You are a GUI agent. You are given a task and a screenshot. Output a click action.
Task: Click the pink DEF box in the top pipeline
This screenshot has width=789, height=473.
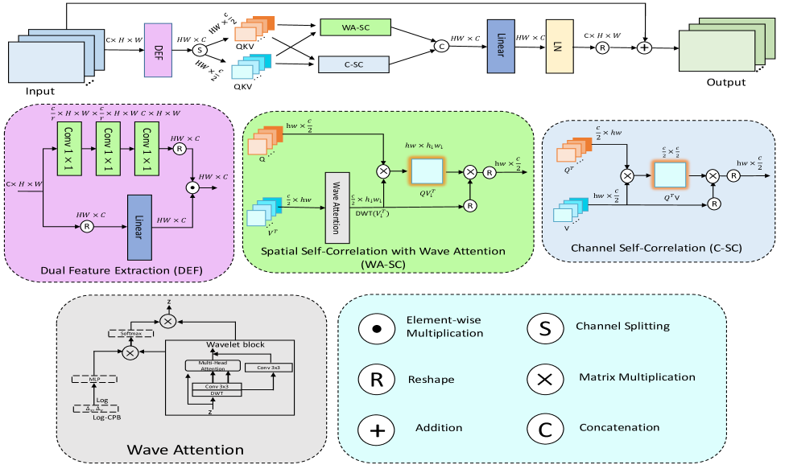pos(159,51)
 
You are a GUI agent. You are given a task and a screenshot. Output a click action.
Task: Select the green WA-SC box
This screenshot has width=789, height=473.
pos(355,27)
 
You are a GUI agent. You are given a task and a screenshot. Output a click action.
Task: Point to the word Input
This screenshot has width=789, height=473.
pos(39,92)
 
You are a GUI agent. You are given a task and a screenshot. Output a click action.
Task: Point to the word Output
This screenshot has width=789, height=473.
pos(725,82)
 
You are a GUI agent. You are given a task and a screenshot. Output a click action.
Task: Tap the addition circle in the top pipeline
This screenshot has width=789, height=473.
pos(644,48)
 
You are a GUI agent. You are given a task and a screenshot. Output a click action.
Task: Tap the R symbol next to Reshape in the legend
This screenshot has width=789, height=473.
pos(379,379)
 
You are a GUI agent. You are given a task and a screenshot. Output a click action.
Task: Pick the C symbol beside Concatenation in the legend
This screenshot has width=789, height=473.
pos(545,429)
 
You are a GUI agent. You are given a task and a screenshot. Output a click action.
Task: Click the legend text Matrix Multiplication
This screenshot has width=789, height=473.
pos(636,377)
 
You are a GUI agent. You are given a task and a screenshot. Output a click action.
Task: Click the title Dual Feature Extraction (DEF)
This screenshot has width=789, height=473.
pos(116,267)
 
